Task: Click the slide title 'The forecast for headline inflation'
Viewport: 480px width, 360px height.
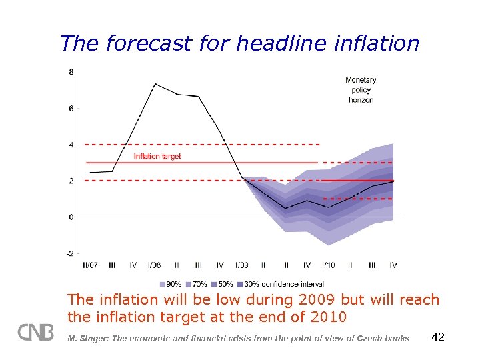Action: (x=239, y=43)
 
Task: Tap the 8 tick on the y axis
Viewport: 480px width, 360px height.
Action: (x=71, y=72)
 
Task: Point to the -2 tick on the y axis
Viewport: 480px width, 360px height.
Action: (x=71, y=253)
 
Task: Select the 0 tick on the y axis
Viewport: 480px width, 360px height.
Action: (x=71, y=217)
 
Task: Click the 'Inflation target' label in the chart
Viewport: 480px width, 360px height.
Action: (x=157, y=157)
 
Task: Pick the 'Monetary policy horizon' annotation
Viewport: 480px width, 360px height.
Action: (x=361, y=90)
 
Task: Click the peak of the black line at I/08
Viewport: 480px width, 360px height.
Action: (x=155, y=84)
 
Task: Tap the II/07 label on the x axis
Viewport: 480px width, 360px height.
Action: (x=90, y=265)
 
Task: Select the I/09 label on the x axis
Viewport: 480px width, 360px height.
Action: (x=242, y=265)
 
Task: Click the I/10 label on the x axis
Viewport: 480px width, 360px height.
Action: (x=329, y=265)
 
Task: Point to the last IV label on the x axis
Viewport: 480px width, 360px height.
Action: (x=393, y=265)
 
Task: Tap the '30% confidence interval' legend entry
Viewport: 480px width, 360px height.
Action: (x=276, y=284)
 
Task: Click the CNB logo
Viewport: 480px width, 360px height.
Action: (x=36, y=332)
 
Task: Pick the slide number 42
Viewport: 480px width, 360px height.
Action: (x=438, y=337)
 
